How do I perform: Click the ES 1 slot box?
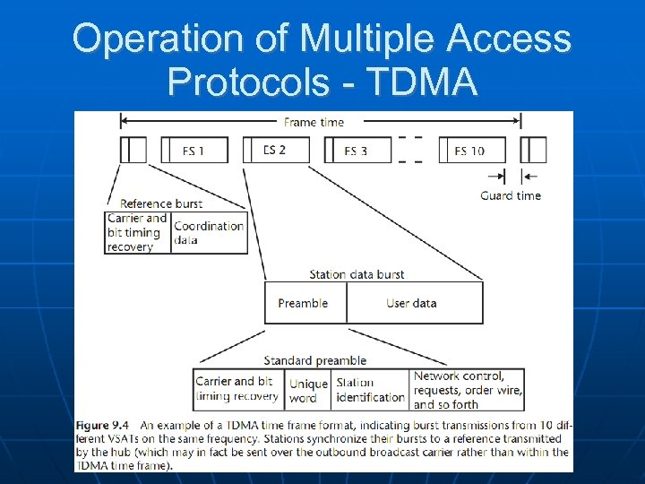pos(193,151)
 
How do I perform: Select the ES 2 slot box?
pos(274,150)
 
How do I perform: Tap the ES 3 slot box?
pos(355,151)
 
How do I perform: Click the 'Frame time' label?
pos(314,122)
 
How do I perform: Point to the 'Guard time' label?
pos(511,195)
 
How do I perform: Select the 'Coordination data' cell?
pos(209,232)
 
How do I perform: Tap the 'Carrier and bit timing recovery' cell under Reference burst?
pos(137,232)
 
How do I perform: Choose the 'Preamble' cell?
pos(304,303)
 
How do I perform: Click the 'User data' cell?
pos(412,303)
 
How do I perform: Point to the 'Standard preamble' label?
pos(314,360)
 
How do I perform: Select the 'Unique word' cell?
pos(308,390)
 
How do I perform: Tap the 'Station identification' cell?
pos(370,390)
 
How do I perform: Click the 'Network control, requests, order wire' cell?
pos(468,390)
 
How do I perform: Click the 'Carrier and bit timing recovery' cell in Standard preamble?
pos(238,390)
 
